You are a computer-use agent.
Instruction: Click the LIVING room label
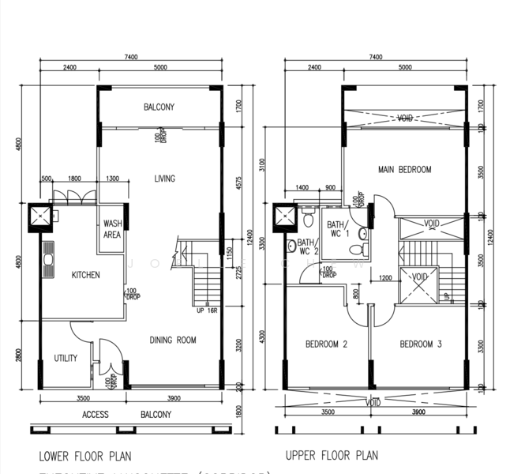(165, 179)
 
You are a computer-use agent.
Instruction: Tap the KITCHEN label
(87, 275)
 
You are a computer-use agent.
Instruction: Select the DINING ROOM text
(174, 340)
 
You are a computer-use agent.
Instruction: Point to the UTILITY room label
(66, 359)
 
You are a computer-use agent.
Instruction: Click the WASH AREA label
(112, 229)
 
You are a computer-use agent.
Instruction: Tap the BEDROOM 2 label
(327, 344)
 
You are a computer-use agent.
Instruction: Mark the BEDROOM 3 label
(421, 344)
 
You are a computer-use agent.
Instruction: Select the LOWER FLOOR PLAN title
(85, 456)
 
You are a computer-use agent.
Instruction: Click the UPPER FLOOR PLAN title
(332, 456)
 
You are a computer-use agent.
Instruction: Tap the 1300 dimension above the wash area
(112, 179)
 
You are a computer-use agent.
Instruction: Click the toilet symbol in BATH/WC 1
(362, 234)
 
